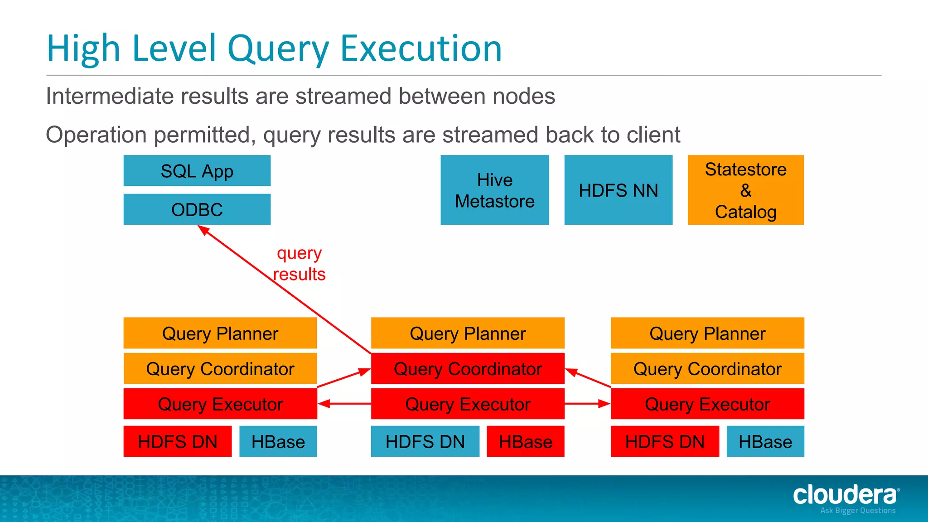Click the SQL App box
[x=197, y=171]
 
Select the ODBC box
[x=197, y=209]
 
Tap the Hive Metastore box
[x=494, y=190]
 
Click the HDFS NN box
[x=618, y=190]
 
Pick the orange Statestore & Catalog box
[x=745, y=190]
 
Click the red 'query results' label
[x=299, y=264]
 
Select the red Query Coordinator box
[x=467, y=368]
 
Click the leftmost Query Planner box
[x=220, y=333]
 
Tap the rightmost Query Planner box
[x=707, y=333]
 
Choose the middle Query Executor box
[x=467, y=404]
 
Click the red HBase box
[x=525, y=441]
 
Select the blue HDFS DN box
[x=425, y=441]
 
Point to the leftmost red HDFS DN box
[x=177, y=441]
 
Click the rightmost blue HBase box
[x=765, y=441]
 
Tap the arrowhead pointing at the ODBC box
[x=203, y=230]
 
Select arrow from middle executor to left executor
[x=344, y=403]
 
